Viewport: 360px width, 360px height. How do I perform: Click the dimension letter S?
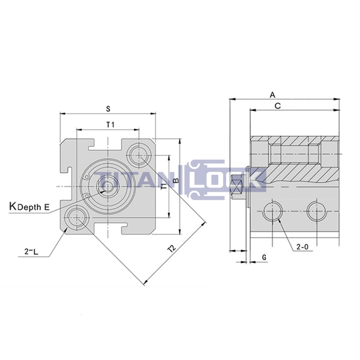(108, 109)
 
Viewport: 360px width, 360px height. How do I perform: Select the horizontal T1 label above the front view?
(110, 124)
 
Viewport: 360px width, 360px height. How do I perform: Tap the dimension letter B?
(176, 181)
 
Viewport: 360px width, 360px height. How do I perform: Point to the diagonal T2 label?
(172, 249)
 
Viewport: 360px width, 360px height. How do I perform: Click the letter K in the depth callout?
(13, 206)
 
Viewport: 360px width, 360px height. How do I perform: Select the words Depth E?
(33, 207)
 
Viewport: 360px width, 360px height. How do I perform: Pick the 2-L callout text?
(31, 252)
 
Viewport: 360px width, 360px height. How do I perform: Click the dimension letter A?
(272, 95)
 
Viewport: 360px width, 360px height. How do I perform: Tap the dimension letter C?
(278, 106)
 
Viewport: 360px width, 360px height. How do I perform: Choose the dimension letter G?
(264, 257)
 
